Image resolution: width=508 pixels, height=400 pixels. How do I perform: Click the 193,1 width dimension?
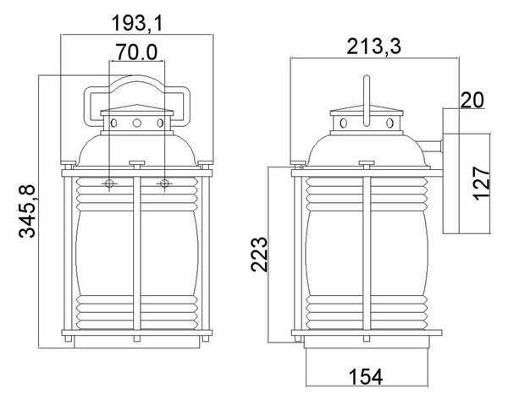click(136, 24)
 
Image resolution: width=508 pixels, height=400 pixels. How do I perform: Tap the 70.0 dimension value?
click(136, 52)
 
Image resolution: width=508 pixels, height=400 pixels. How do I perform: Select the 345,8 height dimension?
click(26, 211)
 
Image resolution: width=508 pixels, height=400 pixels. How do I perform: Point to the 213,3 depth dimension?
click(374, 47)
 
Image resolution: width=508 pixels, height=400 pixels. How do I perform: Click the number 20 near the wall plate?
click(472, 100)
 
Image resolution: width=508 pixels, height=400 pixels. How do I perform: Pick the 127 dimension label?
click(481, 184)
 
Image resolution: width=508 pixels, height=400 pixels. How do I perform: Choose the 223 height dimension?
click(259, 255)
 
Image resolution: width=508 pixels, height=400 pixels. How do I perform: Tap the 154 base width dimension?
click(366, 376)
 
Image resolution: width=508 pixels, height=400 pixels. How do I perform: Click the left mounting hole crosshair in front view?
click(109, 184)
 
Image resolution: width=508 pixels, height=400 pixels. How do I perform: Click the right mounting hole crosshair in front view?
click(164, 184)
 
